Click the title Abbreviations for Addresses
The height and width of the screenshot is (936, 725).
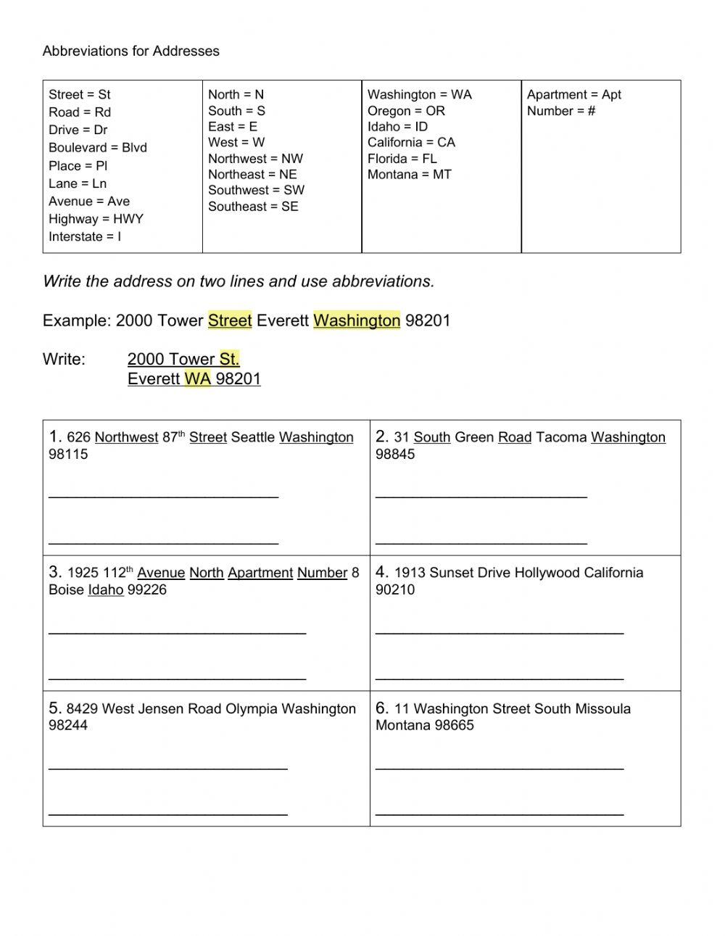pos(130,51)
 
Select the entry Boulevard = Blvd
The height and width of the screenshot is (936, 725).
pos(97,147)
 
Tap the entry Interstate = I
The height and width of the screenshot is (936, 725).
pos(84,236)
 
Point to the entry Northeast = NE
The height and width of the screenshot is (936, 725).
pos(252,174)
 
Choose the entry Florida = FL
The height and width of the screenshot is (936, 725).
pos(402,158)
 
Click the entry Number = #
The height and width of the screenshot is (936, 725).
pos(560,111)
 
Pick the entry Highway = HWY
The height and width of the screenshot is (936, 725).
pos(96,218)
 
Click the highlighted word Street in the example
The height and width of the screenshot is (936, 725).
pos(230,320)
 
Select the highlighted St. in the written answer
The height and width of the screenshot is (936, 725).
pos(229,359)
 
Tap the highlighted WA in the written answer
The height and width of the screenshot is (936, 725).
pos(197,378)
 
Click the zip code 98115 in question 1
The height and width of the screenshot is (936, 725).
pos(68,455)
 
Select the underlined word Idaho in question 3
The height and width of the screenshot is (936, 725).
pos(106,590)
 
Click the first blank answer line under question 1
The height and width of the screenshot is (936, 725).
pos(163,497)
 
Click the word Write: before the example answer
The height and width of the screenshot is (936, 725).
pos(64,359)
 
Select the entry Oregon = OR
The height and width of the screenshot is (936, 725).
pos(406,111)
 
